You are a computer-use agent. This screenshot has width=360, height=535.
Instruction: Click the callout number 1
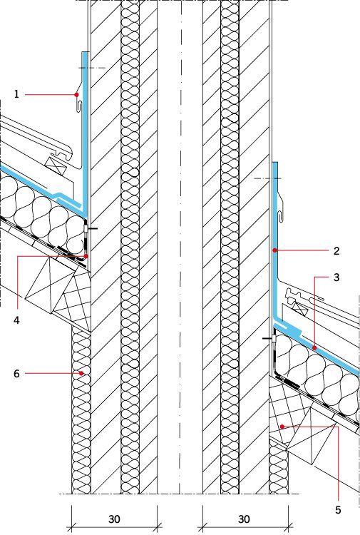click(16, 94)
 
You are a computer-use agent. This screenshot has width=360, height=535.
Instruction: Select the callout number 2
click(336, 251)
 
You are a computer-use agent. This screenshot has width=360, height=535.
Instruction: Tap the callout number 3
click(336, 277)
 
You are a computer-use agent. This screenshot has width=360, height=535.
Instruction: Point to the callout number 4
click(16, 320)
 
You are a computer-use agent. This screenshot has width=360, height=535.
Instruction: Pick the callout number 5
click(338, 510)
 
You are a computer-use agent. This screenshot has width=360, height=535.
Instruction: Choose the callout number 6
click(16, 374)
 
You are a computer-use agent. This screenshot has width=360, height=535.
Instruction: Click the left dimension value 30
click(114, 519)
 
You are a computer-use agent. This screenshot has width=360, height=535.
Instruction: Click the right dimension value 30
click(244, 519)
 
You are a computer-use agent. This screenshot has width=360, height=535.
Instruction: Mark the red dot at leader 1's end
click(77, 94)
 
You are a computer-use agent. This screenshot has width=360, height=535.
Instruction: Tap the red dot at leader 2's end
click(274, 250)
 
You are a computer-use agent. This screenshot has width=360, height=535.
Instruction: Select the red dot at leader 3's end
click(314, 347)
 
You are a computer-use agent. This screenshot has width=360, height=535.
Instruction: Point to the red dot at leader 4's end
click(86, 256)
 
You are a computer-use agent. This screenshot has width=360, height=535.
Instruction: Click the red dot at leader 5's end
click(282, 427)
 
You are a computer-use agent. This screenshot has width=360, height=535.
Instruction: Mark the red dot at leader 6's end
click(81, 373)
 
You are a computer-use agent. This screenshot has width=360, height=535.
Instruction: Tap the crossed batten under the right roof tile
click(300, 308)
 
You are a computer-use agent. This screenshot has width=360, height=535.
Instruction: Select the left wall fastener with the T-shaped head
click(89, 228)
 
